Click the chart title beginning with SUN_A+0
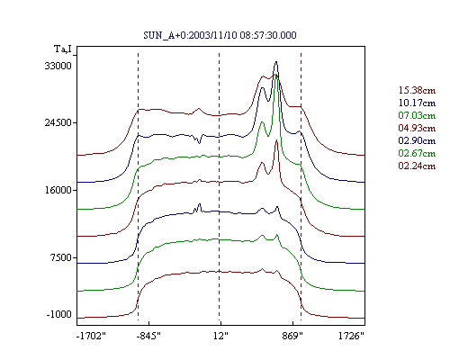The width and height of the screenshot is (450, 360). click(220, 35)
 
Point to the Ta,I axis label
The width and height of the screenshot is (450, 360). click(63, 49)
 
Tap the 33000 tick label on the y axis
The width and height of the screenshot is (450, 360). click(58, 66)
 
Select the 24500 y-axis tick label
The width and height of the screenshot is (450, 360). click(58, 122)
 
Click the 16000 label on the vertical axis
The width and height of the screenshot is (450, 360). click(58, 190)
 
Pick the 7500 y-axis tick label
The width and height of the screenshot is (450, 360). click(62, 257)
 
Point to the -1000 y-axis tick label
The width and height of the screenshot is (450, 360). click(59, 314)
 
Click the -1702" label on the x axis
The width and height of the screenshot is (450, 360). click(91, 336)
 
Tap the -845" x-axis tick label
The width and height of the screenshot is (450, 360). click(148, 336)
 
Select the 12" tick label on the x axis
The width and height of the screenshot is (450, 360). click(220, 336)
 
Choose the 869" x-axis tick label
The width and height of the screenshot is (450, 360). click(292, 336)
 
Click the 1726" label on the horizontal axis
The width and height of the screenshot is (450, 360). click(351, 336)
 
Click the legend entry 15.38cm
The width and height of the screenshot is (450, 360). click(417, 90)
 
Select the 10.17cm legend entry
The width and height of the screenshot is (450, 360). click(417, 103)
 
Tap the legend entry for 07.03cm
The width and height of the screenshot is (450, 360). click(417, 115)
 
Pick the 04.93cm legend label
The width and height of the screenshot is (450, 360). click(417, 128)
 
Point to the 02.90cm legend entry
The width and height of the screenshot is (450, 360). click(417, 140)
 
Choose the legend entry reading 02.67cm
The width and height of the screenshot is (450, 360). click(417, 153)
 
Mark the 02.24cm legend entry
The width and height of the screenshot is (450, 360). click(417, 166)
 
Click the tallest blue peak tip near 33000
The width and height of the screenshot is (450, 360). click(276, 62)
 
